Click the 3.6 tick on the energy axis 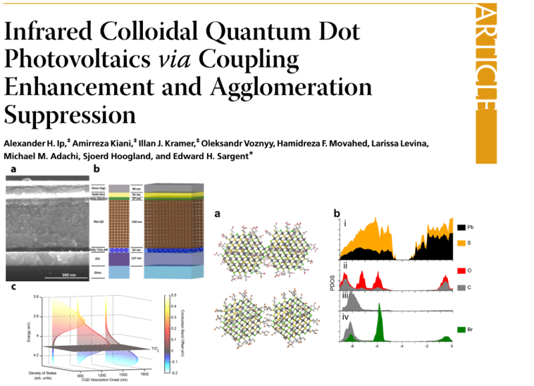23,296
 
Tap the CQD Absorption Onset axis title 102,383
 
